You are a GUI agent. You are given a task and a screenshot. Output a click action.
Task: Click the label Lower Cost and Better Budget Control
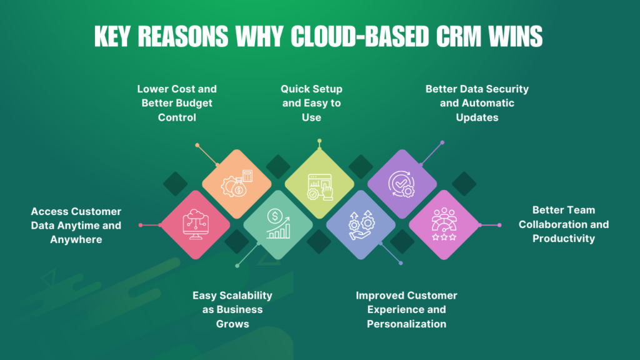[177, 103]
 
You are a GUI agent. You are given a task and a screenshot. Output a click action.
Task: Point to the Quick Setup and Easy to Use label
[311, 103]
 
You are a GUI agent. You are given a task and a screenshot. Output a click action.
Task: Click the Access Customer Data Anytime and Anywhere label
[76, 225]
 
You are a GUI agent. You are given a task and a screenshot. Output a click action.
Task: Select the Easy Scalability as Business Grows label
[232, 309]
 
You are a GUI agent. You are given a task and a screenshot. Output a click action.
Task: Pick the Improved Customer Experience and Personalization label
[406, 309]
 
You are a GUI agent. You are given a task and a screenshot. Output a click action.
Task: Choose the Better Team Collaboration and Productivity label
[563, 224]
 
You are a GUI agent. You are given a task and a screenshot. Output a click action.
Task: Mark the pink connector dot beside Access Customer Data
[141, 225]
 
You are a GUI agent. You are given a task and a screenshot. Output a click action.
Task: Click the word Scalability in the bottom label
[245, 295]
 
